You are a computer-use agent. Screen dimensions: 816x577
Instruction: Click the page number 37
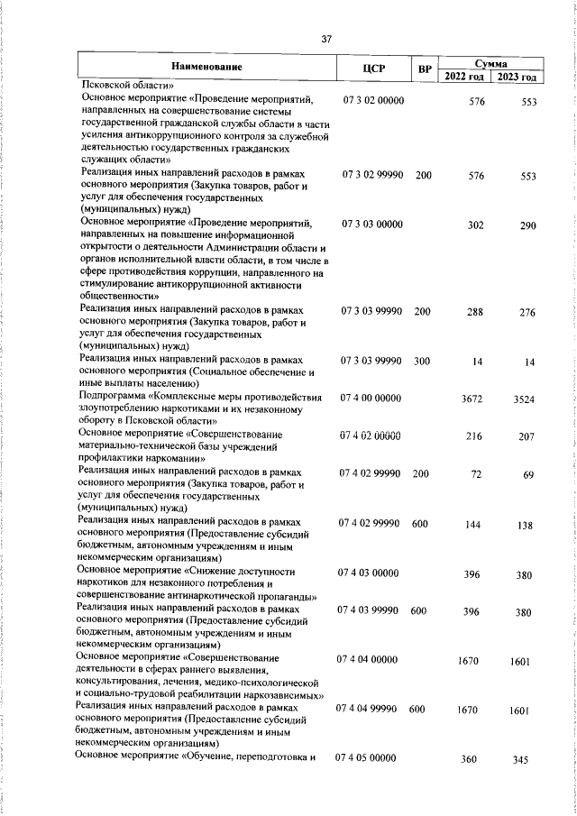click(x=326, y=39)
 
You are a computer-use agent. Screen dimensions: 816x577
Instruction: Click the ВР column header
click(x=423, y=68)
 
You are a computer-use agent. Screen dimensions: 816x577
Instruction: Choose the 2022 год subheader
click(x=466, y=76)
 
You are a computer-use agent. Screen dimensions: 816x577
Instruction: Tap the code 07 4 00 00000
click(x=370, y=398)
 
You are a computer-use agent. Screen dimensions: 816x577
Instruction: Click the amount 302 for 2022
click(x=476, y=225)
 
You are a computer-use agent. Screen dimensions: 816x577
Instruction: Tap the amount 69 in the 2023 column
click(x=529, y=473)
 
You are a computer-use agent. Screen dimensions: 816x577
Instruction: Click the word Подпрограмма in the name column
click(x=113, y=397)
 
